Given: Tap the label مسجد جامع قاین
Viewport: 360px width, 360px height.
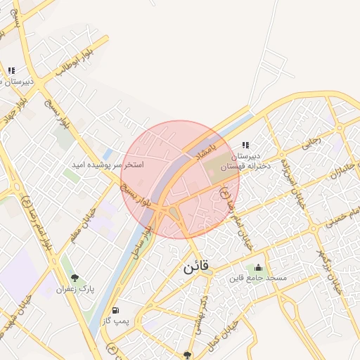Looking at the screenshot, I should coord(258,278).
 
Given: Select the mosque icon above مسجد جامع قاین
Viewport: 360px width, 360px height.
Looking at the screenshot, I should coord(259,267).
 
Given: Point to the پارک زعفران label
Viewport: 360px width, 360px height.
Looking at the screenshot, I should coord(76,288).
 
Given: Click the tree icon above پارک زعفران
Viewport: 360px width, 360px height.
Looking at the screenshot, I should coord(76,277).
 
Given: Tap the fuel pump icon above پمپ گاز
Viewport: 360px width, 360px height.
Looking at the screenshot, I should coord(115,310).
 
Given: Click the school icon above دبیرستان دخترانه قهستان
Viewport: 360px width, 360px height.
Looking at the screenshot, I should coord(245,145).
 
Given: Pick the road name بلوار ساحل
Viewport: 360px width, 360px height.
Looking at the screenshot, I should coord(146,236).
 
